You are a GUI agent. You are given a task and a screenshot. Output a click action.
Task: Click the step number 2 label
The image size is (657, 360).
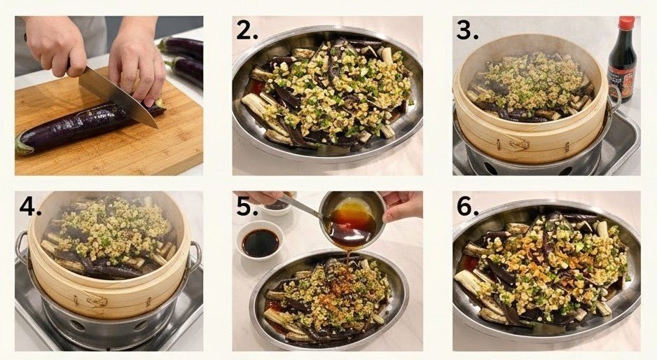(246, 31)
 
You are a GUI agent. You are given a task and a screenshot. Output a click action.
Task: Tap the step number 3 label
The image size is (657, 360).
(467, 30)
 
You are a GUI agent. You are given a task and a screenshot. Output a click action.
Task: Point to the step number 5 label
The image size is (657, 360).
(247, 208)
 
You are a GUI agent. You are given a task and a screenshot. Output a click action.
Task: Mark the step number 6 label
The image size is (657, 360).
(466, 208)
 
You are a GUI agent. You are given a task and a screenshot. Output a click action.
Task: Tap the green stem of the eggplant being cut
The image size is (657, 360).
(23, 146)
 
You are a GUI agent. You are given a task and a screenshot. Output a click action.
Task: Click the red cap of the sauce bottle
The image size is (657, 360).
(626, 24)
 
